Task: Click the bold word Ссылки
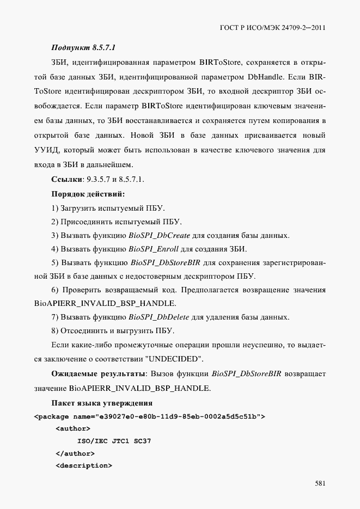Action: tap(66, 179)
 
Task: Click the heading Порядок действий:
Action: tap(88, 194)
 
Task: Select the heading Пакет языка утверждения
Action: tap(101, 403)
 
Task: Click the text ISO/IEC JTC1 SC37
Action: tap(114, 441)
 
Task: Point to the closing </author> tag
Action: tap(75, 453)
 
